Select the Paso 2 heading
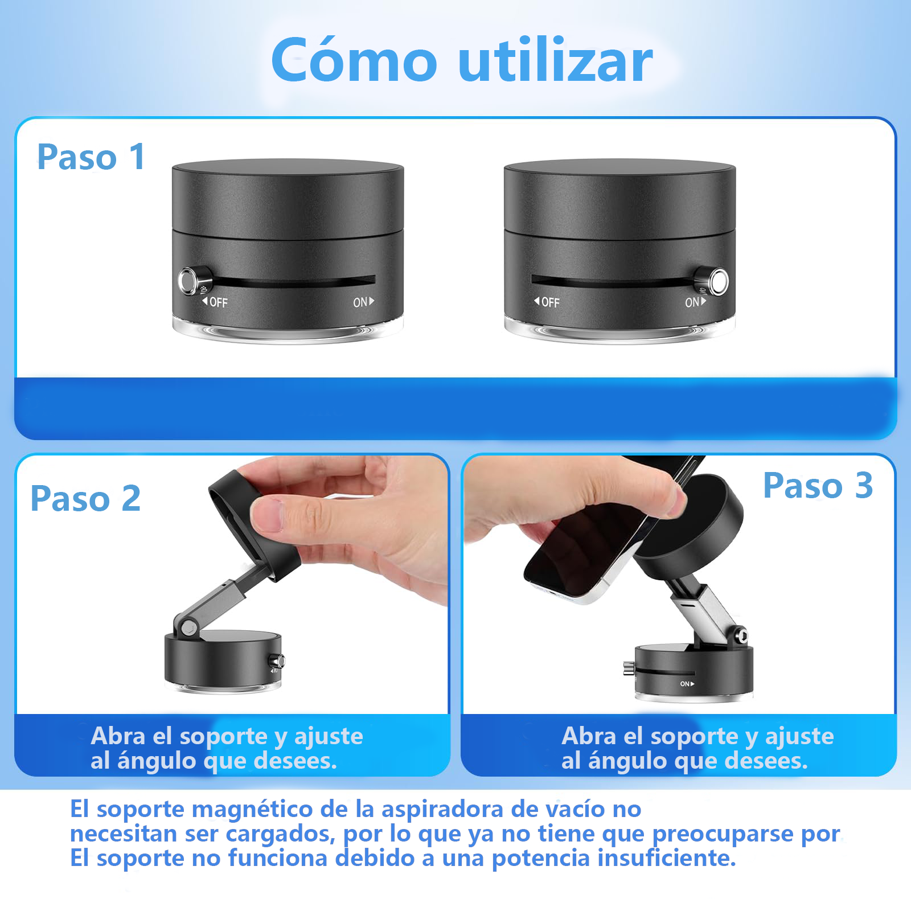point(85,499)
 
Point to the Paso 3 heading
point(818,486)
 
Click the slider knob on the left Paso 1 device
point(188,280)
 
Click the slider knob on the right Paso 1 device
point(718,281)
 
